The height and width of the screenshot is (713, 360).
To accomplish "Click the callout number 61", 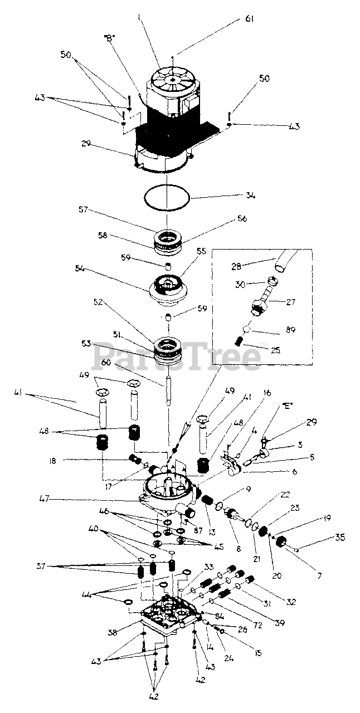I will pyautogui.click(x=249, y=19).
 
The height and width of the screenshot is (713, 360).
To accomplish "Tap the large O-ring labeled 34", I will pyautogui.click(x=167, y=197).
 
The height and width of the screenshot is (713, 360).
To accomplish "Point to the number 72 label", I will pyautogui.click(x=257, y=626).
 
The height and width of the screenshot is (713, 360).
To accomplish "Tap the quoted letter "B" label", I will pyautogui.click(x=109, y=38).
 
